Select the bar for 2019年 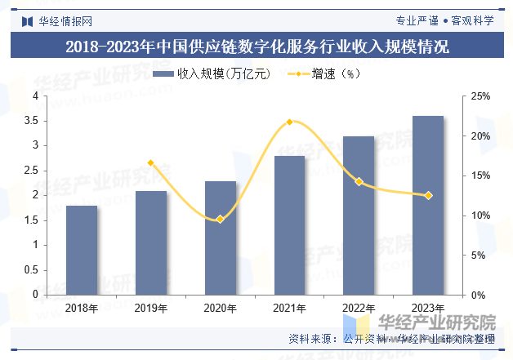tap(151, 242)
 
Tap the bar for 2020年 tap(221, 238)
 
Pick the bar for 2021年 tap(289, 224)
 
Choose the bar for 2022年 tap(359, 215)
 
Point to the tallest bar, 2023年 tap(428, 205)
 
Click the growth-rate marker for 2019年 tap(151, 163)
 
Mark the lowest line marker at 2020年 tap(221, 219)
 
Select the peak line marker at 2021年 tap(289, 122)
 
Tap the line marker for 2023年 tap(428, 195)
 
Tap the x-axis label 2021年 tap(289, 309)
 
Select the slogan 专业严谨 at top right tap(417, 20)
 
